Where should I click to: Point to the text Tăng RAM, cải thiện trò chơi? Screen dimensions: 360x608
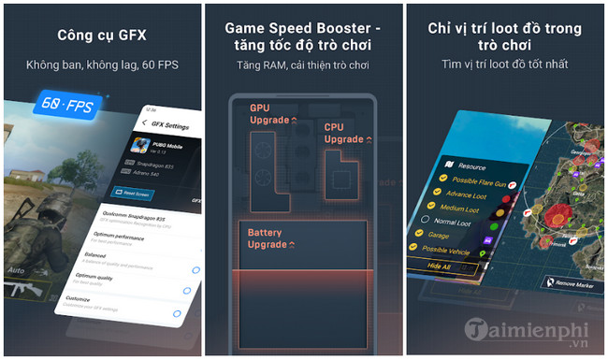pos(304,65)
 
